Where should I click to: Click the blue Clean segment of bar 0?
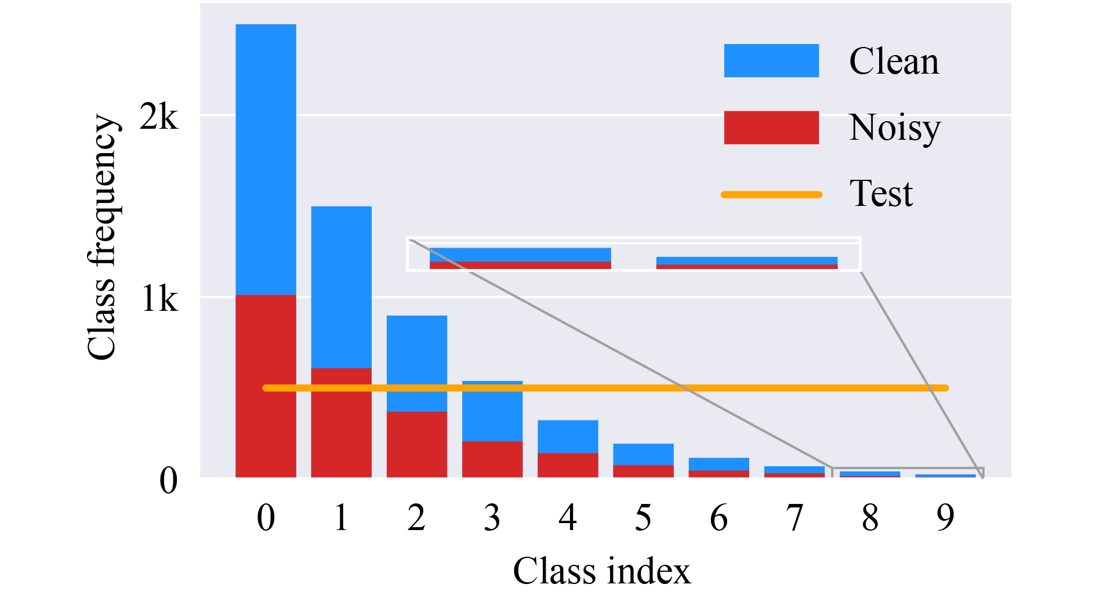coord(266,159)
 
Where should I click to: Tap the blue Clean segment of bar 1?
coord(341,287)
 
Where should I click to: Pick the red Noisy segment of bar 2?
coord(416,444)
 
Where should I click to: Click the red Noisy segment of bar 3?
coord(492,459)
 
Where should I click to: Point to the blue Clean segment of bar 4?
coord(568,436)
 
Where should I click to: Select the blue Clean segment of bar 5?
coord(643,454)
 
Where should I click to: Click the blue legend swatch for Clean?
coord(771,60)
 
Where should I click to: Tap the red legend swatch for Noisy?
coord(771,128)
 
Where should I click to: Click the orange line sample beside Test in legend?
coord(771,194)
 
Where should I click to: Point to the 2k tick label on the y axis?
coord(158,118)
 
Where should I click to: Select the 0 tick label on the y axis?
coord(168,481)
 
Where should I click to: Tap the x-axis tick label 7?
coord(794,517)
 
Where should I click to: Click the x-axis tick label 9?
coord(945,517)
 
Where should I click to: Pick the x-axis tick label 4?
coord(568,517)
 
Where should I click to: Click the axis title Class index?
coord(602,571)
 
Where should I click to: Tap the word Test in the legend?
coord(881,194)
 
